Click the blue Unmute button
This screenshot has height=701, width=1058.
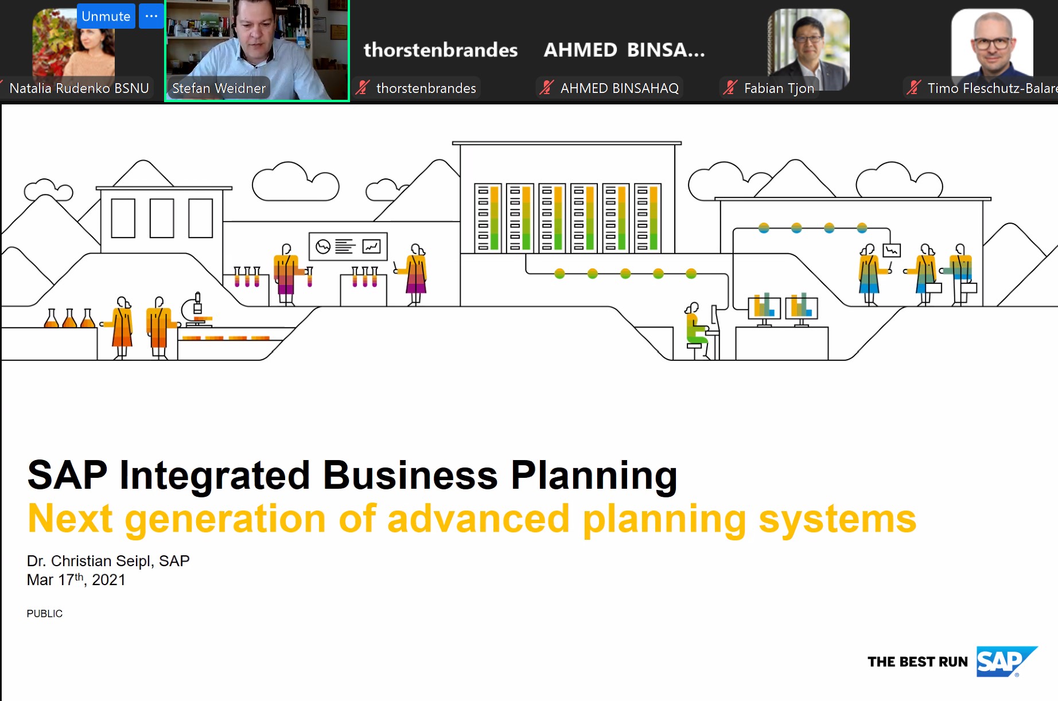point(106,16)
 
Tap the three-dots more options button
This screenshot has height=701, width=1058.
point(151,16)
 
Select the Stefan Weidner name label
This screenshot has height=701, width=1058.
point(219,88)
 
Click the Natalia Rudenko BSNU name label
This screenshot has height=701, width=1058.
point(79,88)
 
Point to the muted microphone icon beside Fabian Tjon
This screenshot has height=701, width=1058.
point(730,88)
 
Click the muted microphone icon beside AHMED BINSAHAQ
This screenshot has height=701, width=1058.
point(546,88)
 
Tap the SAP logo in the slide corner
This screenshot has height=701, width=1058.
point(1006,662)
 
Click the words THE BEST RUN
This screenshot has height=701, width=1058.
point(917,662)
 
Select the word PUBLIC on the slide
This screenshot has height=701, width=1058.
point(45,614)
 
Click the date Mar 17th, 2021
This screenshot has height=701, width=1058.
point(76,579)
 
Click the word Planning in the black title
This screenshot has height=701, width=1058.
point(594,476)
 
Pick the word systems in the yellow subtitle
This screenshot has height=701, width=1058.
point(838,519)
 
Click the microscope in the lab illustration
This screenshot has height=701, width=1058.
point(195,310)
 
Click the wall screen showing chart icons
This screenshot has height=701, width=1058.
point(348,247)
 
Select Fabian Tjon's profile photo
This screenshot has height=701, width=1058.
point(808,49)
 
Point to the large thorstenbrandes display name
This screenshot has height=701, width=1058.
point(441,50)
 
